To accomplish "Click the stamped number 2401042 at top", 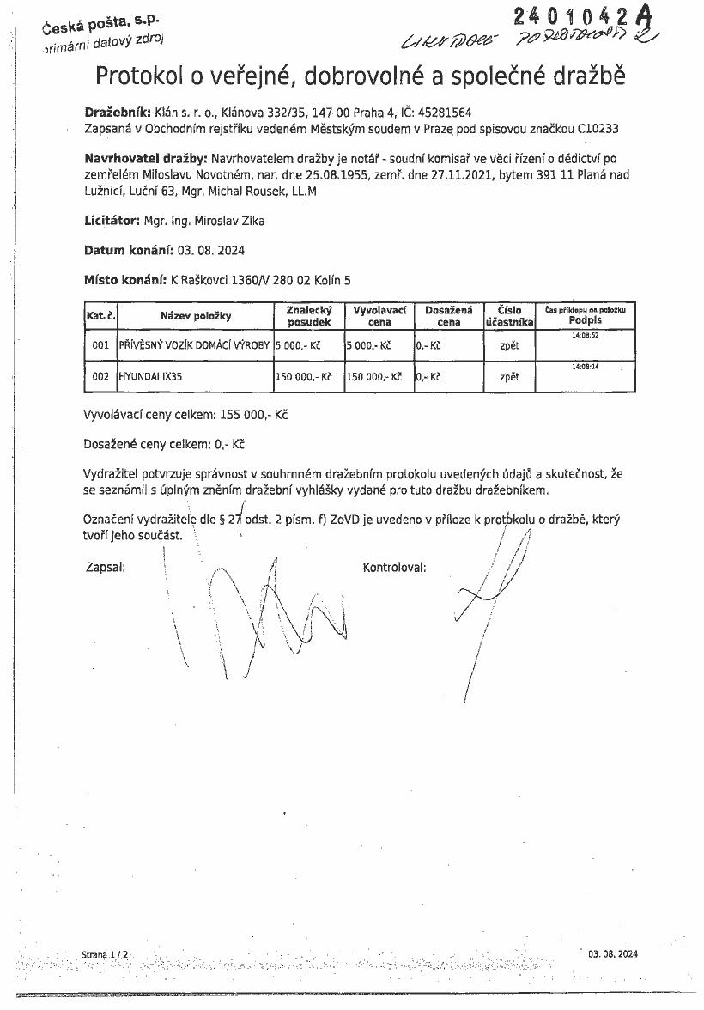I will tap(566, 16).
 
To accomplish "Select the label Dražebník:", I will tap(118, 112).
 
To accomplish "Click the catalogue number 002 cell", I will tap(100, 376).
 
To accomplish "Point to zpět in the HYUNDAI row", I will tap(509, 376).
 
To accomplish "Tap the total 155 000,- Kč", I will tap(255, 414).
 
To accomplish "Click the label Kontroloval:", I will tap(395, 568).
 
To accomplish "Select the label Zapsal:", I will tap(106, 568).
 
